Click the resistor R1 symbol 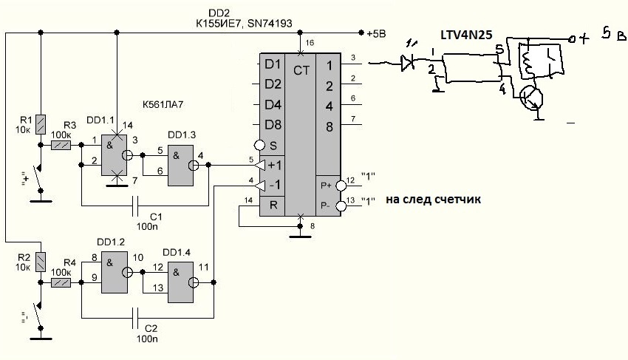click(41, 122)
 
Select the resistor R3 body click(61, 146)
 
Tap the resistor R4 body click(61, 282)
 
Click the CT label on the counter click(301, 70)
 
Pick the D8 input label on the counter click(273, 124)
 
